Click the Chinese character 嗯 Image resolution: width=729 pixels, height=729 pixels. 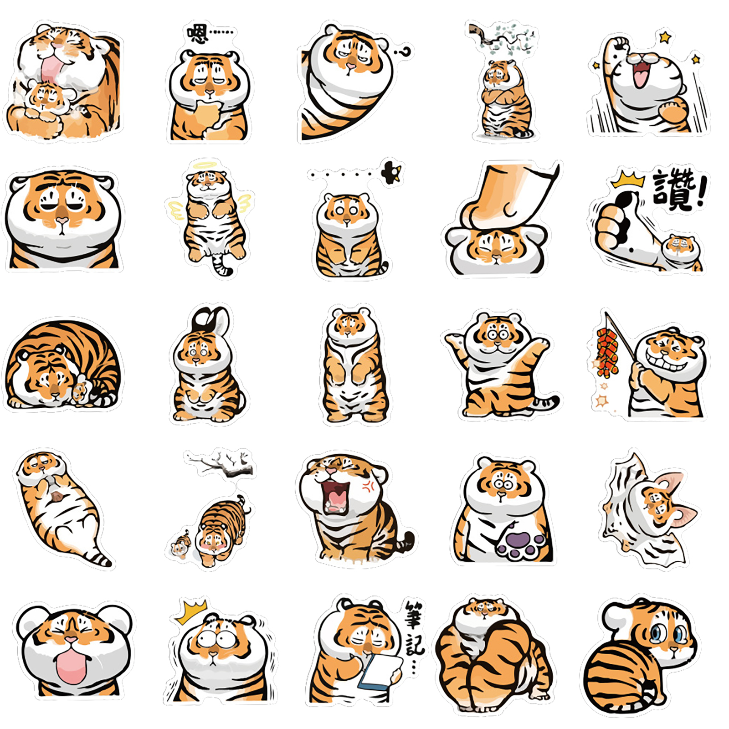pyautogui.click(x=199, y=33)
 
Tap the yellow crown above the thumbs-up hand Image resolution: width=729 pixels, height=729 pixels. pyautogui.click(x=628, y=180)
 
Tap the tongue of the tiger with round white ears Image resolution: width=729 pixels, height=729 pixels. pyautogui.click(x=71, y=666)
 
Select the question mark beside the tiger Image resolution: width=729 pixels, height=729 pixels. pyautogui.click(x=403, y=52)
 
